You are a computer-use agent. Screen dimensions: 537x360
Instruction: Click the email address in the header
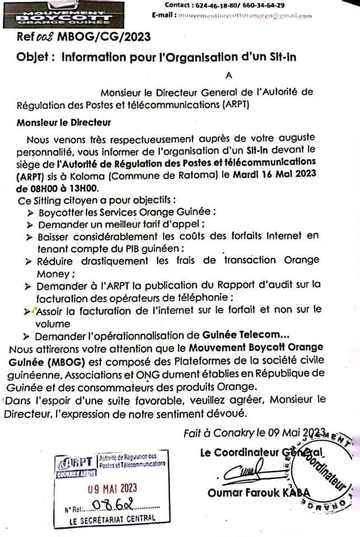245,16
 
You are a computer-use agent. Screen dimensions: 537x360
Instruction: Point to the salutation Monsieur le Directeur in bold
64,122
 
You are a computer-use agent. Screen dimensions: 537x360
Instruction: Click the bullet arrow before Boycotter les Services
30,213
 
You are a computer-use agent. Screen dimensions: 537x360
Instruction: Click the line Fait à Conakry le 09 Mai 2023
255,432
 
